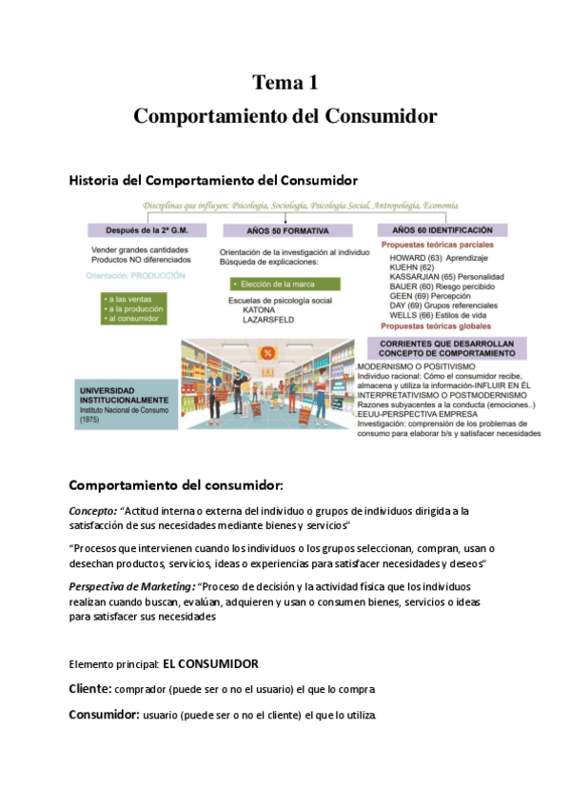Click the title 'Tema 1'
click(285, 84)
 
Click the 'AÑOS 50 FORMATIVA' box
click(286, 230)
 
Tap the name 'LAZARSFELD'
click(269, 320)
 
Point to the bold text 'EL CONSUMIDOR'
click(210, 663)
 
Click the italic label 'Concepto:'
click(93, 510)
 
